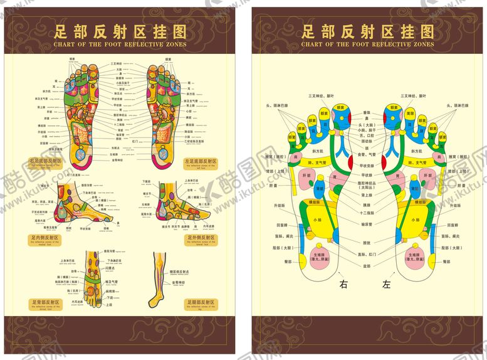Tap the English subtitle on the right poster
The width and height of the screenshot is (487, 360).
tap(367, 45)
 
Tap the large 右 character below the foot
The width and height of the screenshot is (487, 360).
tap(343, 284)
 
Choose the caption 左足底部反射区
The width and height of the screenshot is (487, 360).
tap(200, 161)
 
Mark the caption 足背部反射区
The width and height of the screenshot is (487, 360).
tap(46, 303)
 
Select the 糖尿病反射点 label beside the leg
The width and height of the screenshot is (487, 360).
tap(181, 272)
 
